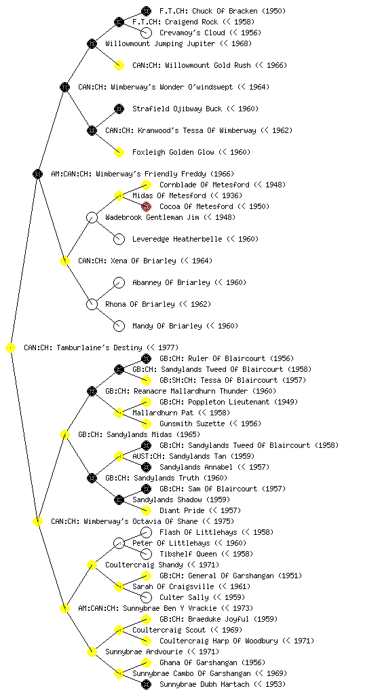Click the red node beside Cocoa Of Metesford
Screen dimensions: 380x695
(146, 206)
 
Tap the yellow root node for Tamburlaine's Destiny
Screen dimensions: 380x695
(11, 348)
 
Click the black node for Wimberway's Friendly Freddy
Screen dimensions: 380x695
(37, 174)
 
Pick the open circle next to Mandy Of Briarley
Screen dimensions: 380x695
(119, 326)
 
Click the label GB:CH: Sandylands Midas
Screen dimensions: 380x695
(139, 434)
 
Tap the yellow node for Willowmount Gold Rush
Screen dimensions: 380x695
(119, 66)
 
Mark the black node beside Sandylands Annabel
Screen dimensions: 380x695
(146, 467)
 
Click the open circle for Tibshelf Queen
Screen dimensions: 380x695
(146, 554)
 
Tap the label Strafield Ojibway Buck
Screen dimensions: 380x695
(177, 109)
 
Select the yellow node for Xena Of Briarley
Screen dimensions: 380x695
(64, 261)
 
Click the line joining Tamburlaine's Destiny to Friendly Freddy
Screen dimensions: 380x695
(24, 261)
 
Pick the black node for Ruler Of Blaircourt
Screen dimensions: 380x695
(146, 358)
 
